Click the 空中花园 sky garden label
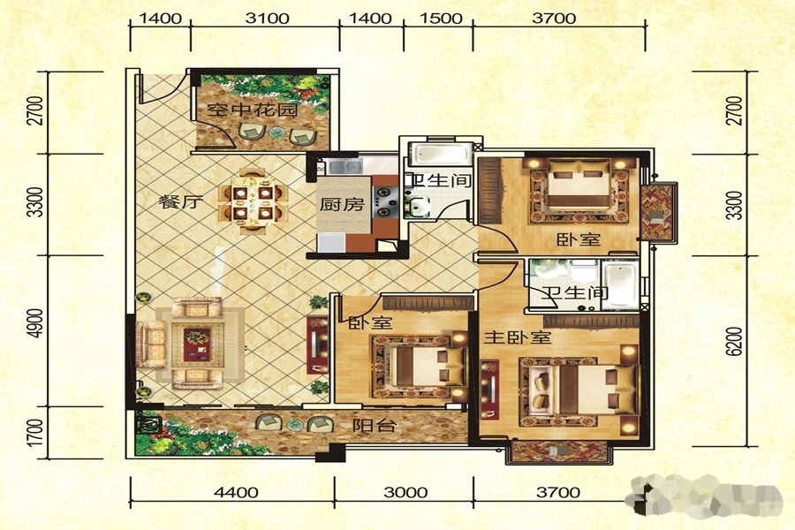pyautogui.click(x=253, y=110)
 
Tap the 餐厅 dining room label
pyautogui.click(x=181, y=202)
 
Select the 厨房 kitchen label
pyautogui.click(x=342, y=204)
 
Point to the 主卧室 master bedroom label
pyautogui.click(x=517, y=337)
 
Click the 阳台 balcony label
pyautogui.click(x=375, y=425)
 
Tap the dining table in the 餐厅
pyautogui.click(x=253, y=201)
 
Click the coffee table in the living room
pyautogui.click(x=197, y=344)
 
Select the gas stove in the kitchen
pyautogui.click(x=384, y=202)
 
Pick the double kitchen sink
pyautogui.click(x=344, y=166)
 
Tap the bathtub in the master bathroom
pyautogui.click(x=622, y=284)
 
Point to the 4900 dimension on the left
pyautogui.click(x=35, y=331)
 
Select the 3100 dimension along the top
pyautogui.click(x=267, y=19)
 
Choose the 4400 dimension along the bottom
pyautogui.click(x=236, y=493)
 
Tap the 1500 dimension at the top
pyautogui.click(x=441, y=19)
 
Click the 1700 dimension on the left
pyautogui.click(x=35, y=433)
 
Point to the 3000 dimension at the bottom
pyautogui.click(x=405, y=493)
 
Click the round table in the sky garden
pyautogui.click(x=276, y=132)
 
